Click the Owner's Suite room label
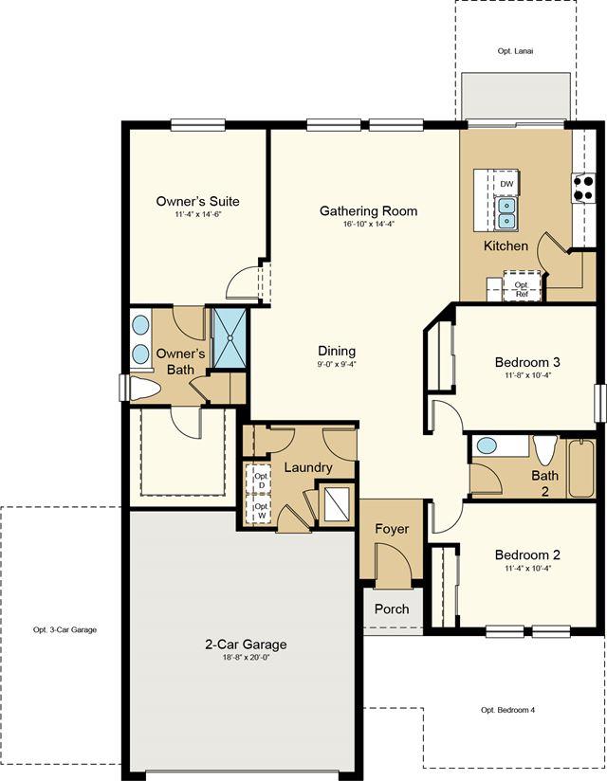(197, 201)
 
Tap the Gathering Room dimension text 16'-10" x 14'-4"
(368, 224)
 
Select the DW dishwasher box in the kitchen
(506, 184)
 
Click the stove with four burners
(583, 188)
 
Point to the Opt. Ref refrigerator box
(522, 286)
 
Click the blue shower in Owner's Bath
(230, 337)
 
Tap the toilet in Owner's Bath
(144, 388)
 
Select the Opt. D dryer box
(262, 480)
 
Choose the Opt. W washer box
(261, 510)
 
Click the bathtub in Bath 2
(581, 468)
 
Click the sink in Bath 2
(487, 445)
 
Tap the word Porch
(392, 609)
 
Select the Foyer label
(393, 529)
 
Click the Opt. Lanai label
(515, 51)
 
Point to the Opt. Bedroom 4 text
(507, 710)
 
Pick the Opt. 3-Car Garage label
(64, 629)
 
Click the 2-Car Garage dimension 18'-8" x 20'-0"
(247, 657)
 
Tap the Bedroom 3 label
(527, 362)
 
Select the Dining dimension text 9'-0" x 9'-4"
(337, 364)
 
